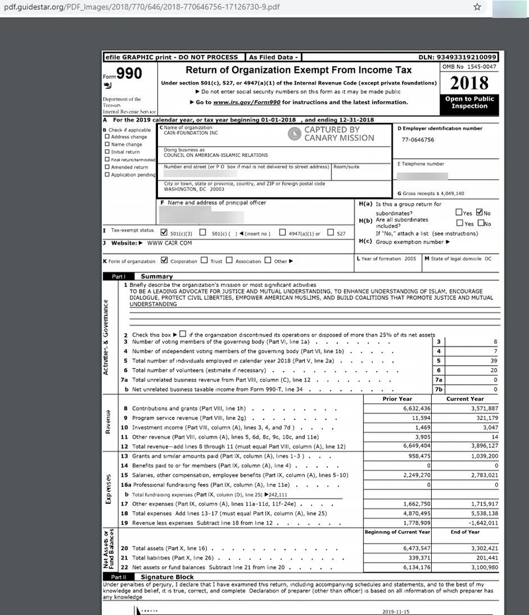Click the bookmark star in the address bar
tap(477, 7)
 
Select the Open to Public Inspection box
tap(469, 102)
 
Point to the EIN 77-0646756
tap(418, 140)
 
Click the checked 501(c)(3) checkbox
tap(164, 233)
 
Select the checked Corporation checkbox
tap(164, 261)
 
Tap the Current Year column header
tap(465, 399)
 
